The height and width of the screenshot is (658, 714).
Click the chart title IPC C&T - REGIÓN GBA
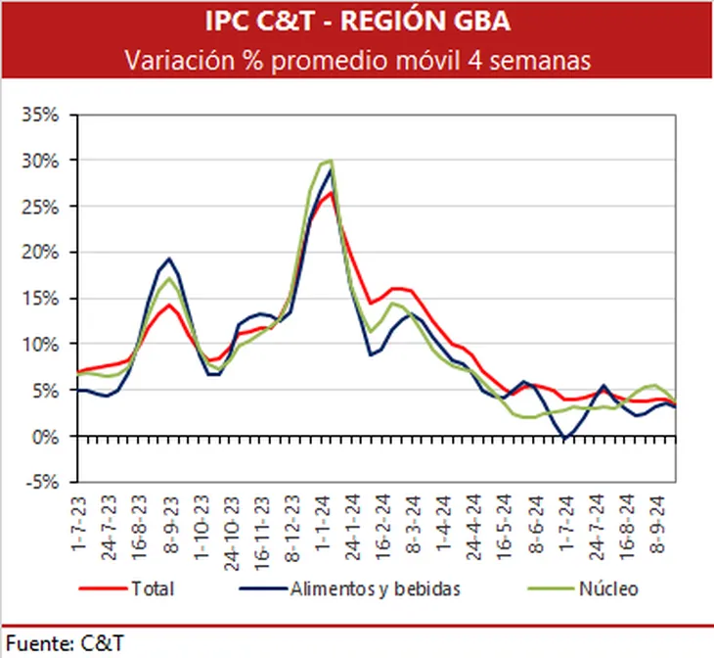[356, 21]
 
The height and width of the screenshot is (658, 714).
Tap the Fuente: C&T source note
[64, 642]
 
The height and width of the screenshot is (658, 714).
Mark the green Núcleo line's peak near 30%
[330, 161]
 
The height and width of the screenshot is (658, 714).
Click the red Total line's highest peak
[331, 192]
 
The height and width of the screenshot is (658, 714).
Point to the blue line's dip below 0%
[565, 441]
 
